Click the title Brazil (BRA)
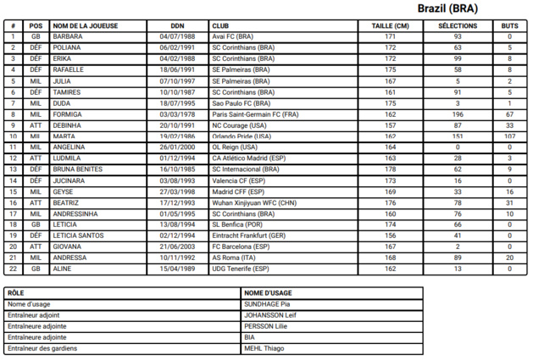tap(447, 8)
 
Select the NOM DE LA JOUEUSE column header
tap(86, 26)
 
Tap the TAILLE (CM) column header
tap(390, 26)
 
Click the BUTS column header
tap(509, 26)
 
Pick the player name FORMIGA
tap(68, 114)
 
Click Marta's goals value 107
tap(509, 136)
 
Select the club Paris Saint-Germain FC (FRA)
tap(253, 114)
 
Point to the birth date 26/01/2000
tap(177, 147)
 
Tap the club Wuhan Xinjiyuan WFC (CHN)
tap(254, 202)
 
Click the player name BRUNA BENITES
tap(77, 169)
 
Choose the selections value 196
tap(458, 114)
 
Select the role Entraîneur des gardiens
tap(43, 348)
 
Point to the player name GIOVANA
tap(68, 246)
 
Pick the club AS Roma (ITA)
tap(237, 257)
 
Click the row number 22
tap(14, 268)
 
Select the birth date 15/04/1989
tap(177, 268)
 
